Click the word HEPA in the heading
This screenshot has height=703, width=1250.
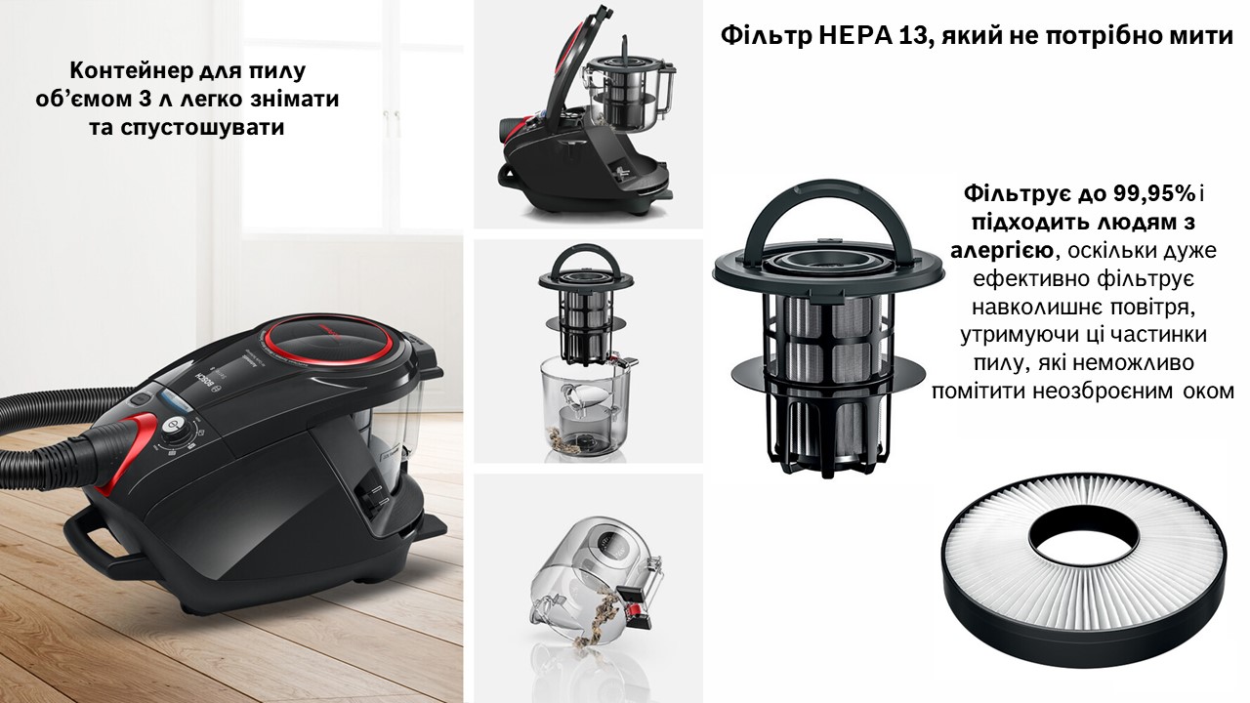pyautogui.click(x=851, y=36)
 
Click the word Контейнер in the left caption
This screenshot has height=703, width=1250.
pyautogui.click(x=130, y=70)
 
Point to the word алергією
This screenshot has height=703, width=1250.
pyautogui.click(x=1002, y=250)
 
